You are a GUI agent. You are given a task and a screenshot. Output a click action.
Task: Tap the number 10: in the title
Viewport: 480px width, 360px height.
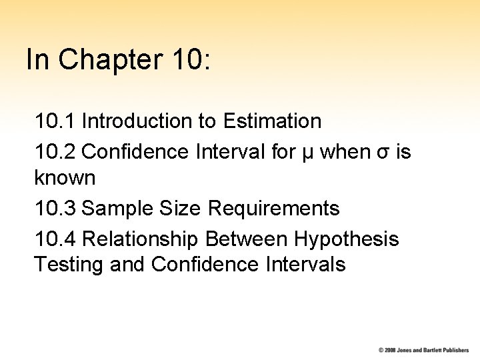coord(191,59)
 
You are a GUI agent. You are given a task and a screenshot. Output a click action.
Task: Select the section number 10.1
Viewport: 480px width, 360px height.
coord(56,121)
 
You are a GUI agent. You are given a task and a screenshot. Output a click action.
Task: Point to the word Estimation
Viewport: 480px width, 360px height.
coord(273,121)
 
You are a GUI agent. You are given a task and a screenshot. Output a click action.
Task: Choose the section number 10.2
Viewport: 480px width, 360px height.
coord(56,151)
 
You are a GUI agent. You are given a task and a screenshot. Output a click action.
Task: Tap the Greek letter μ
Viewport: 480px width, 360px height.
coord(306,153)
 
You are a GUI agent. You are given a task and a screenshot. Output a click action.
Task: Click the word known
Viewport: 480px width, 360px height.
coord(65,179)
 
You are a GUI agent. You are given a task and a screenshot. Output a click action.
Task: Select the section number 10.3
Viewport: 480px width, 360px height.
coord(56,209)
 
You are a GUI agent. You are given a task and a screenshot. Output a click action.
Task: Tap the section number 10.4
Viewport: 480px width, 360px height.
coord(56,238)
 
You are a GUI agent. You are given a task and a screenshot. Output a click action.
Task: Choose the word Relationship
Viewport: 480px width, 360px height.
coord(141,238)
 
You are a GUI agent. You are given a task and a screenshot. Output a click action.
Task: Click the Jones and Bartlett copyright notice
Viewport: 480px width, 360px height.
coord(424,350)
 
